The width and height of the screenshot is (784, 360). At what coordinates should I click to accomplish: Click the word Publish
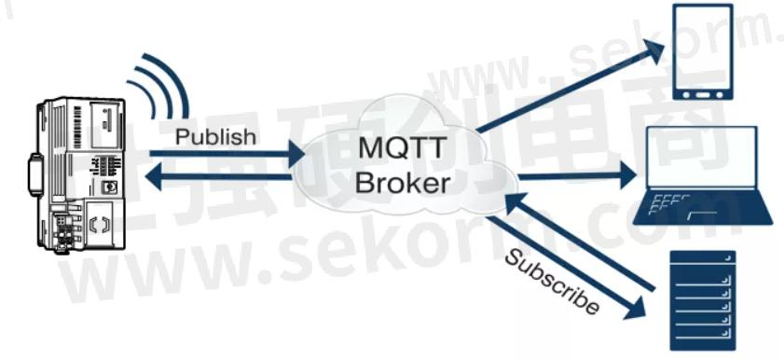click(x=215, y=137)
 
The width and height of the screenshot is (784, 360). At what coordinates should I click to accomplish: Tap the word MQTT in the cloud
click(x=397, y=146)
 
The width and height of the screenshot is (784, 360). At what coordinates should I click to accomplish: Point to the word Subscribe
click(x=552, y=281)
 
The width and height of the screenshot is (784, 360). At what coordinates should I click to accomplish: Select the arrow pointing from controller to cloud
click(x=233, y=155)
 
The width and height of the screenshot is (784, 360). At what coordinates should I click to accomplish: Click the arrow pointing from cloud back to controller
click(x=233, y=175)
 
